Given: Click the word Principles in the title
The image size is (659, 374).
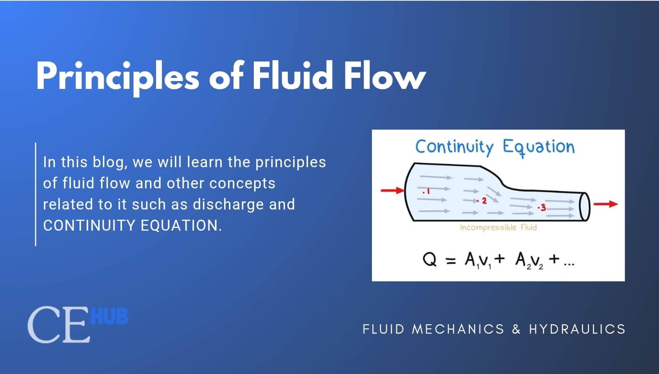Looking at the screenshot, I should (117, 76).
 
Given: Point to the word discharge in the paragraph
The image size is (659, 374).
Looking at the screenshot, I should (228, 204).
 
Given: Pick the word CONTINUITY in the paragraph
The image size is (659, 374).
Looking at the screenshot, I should (90, 226).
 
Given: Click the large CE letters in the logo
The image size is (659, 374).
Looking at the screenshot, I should (57, 325).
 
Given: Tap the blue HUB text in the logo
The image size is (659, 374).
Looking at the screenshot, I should (109, 316).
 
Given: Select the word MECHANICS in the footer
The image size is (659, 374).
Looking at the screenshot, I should (458, 329).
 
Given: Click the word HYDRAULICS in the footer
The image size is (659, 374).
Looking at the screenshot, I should (577, 329).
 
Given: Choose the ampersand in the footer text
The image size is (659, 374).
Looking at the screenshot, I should (516, 329).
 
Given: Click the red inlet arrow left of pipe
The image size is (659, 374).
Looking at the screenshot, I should (392, 191).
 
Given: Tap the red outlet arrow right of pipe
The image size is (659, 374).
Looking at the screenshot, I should (605, 204).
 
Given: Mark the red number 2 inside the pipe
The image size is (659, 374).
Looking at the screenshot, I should (484, 201).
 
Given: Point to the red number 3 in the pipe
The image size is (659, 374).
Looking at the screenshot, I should (543, 208).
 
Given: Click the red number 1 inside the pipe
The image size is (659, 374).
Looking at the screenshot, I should (427, 192).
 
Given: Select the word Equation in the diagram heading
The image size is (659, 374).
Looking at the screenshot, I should (539, 147).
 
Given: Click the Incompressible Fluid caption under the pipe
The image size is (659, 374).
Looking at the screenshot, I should (498, 228).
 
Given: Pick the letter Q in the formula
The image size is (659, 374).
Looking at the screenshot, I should (430, 260).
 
